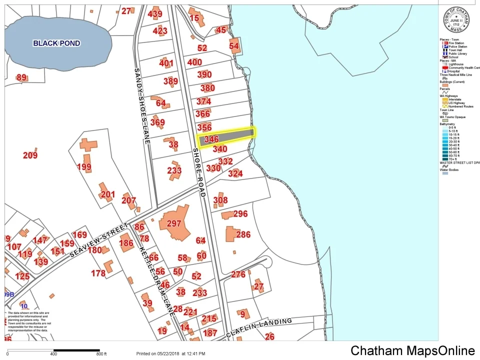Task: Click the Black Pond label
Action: pos(56,43)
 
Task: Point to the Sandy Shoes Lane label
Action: pos(142,106)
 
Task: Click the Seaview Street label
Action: pos(98,240)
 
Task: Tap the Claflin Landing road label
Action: pos(258,327)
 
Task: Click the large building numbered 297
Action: pos(173,223)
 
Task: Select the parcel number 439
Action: pos(155,14)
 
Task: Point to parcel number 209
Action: pos(30,155)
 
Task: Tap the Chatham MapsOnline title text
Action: pos(412,350)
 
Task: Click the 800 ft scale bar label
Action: pos(101,354)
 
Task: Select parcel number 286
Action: pos(243,234)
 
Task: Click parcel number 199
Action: pos(84,167)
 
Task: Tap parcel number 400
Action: pos(194,62)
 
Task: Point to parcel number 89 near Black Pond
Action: pos(21,77)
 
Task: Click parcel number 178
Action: pos(98,273)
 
